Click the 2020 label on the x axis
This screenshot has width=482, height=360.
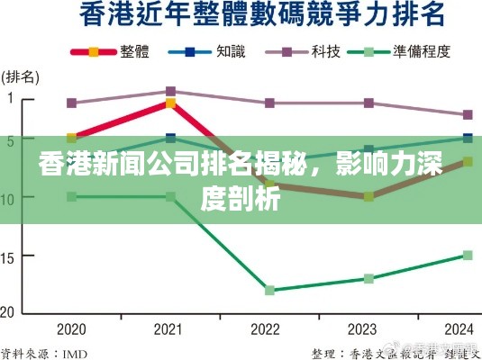(x=71, y=328)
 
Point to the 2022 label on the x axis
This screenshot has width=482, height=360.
(x=268, y=328)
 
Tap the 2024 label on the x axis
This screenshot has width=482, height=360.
(x=467, y=328)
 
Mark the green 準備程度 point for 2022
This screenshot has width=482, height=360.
(x=269, y=290)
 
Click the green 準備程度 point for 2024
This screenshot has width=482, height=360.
(x=468, y=255)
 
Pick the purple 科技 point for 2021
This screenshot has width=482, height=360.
(x=170, y=91)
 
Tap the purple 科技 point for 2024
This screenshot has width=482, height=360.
(x=468, y=114)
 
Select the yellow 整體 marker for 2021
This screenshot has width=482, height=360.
(x=170, y=103)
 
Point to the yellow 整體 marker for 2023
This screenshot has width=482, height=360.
(x=368, y=196)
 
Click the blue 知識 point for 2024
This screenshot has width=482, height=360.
(x=468, y=138)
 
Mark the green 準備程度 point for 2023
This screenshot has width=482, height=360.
(x=368, y=278)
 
